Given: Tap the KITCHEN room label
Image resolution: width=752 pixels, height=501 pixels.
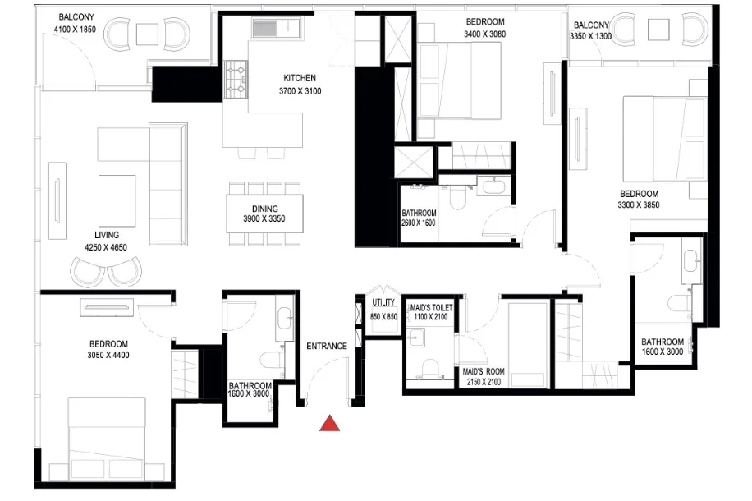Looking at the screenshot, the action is tap(300, 78).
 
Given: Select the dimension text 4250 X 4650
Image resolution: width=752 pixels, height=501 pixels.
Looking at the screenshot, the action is tap(106, 247).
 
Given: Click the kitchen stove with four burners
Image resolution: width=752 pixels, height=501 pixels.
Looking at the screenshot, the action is tap(236, 80).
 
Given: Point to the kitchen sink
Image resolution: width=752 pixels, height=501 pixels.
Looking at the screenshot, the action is tap(276, 27).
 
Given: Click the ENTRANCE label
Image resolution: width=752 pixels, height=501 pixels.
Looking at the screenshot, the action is tap(327, 346).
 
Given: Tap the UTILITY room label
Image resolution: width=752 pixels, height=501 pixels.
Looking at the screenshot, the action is tap(383, 302).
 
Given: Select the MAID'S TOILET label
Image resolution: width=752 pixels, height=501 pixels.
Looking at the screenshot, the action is tap(431, 308).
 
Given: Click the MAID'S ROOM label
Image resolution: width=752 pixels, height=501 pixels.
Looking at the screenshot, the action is tap(484, 371).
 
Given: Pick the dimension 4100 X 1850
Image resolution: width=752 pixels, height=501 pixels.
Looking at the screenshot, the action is tap(75, 30).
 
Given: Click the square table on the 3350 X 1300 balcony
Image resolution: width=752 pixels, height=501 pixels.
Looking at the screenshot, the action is tap(658, 30).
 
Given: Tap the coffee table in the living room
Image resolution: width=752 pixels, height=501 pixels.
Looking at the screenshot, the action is tap(117, 200).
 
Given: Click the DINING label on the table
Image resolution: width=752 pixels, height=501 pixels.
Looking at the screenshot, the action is tap(264, 209).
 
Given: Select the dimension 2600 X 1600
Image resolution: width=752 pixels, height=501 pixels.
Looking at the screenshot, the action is tap(419, 223).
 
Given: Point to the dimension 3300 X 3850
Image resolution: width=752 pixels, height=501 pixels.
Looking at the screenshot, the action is tap(639, 205).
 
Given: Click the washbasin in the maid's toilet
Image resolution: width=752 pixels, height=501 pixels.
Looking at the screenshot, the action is tap(416, 337).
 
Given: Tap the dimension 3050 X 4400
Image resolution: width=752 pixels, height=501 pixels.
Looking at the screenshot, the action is tap(108, 355).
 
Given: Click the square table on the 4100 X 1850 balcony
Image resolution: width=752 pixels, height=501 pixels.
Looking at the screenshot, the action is tap(147, 34).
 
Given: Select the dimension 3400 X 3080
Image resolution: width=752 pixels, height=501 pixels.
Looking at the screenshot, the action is tap(485, 34).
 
